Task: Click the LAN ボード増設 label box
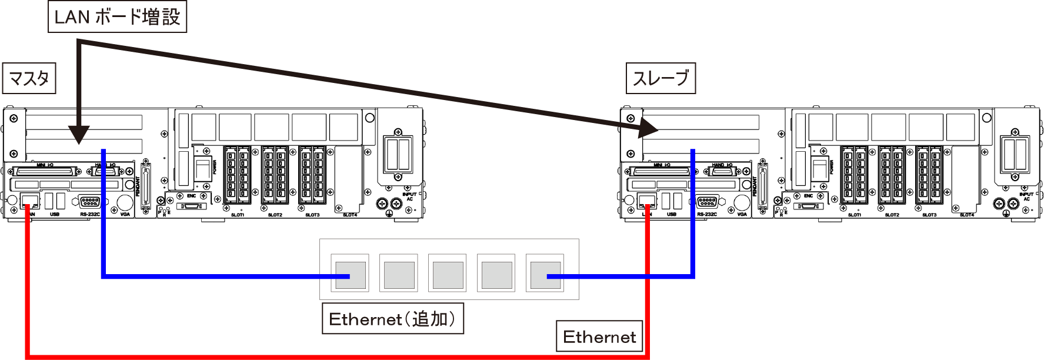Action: click(117, 17)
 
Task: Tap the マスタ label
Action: click(29, 78)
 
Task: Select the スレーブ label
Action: click(661, 78)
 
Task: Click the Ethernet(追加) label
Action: click(392, 319)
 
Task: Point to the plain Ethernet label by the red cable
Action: click(599, 336)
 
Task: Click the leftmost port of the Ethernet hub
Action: click(350, 274)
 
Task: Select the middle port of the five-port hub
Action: click(448, 274)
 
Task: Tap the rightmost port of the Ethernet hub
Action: click(545, 274)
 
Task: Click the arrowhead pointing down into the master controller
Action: click(78, 135)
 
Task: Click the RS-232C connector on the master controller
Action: click(89, 202)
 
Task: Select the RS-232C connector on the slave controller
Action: click(707, 202)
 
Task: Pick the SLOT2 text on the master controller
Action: click(275, 215)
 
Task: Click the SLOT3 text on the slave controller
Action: click(929, 215)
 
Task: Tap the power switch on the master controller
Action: click(203, 169)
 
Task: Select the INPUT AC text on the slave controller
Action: click(1026, 196)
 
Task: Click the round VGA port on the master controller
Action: click(125, 202)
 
